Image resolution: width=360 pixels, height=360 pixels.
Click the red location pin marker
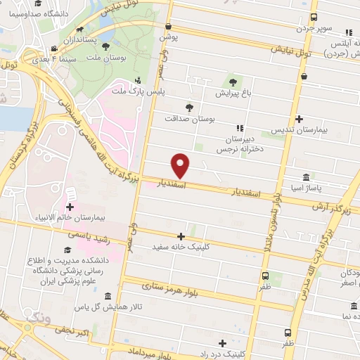click(181, 165)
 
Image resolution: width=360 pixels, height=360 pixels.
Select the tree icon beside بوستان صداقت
click(189, 108)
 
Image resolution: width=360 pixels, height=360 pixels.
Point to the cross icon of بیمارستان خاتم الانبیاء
click(70, 207)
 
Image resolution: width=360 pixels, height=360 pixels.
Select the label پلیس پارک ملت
click(138, 91)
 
